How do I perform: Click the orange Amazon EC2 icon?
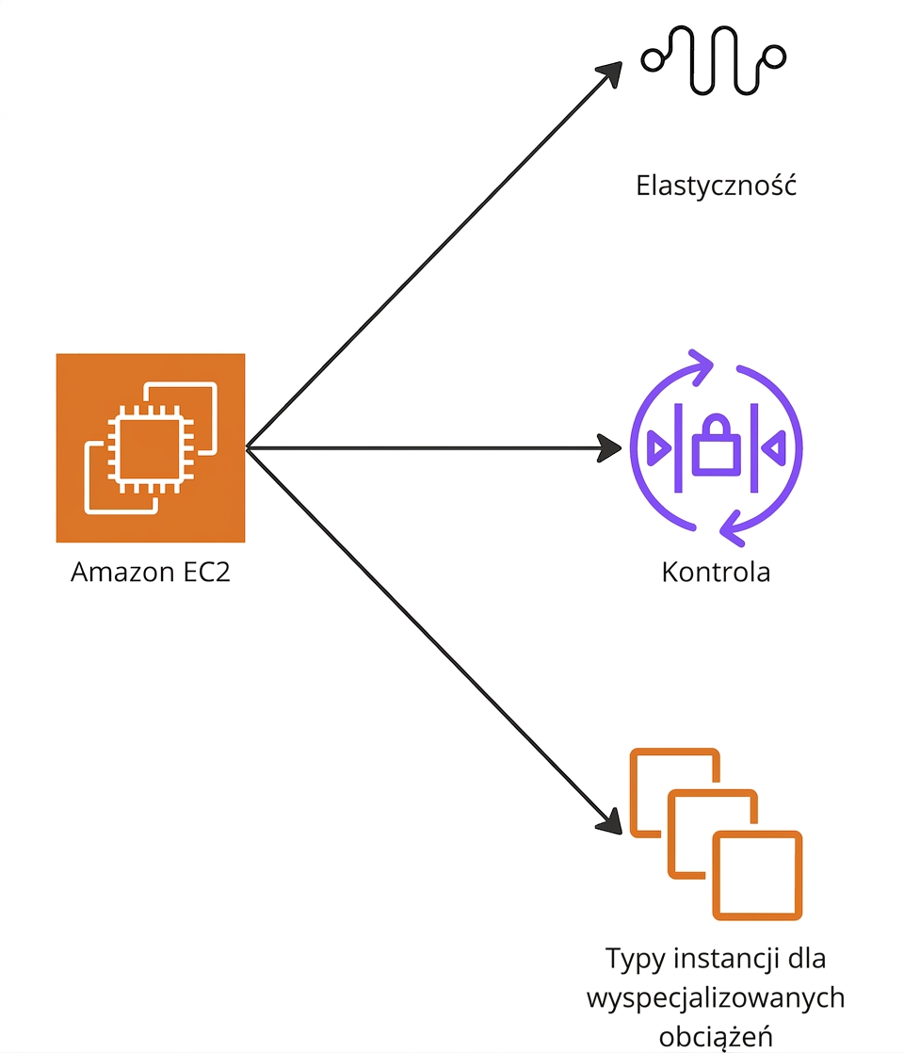(151, 448)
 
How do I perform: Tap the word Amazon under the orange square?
(122, 572)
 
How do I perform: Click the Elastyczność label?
(716, 186)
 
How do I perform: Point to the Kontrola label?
(716, 572)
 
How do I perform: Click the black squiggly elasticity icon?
(713, 59)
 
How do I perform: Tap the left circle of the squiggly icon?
(653, 59)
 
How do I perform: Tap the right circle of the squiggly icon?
(774, 57)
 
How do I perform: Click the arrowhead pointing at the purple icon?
(609, 448)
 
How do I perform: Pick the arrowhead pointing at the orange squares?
(610, 822)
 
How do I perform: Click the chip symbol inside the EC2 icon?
(151, 448)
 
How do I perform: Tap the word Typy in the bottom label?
(631, 959)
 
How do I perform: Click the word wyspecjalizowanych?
(716, 998)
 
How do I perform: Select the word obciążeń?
(716, 1036)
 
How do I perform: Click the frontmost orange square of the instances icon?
(757, 876)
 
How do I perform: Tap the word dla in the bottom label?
(807, 958)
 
